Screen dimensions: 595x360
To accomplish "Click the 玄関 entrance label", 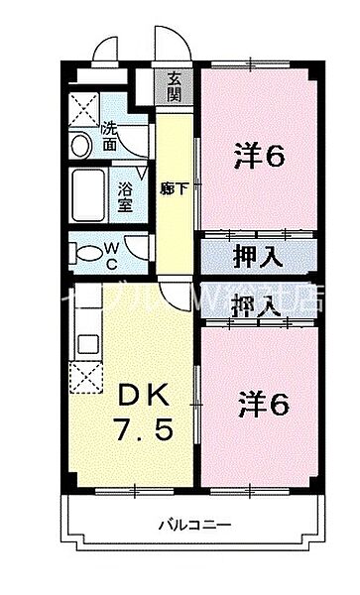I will pos(175,86).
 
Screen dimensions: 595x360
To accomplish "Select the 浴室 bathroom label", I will pos(125,197).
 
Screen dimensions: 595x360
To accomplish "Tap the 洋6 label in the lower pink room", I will pos(262,405).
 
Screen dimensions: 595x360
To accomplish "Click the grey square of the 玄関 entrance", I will pos(175,87).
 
